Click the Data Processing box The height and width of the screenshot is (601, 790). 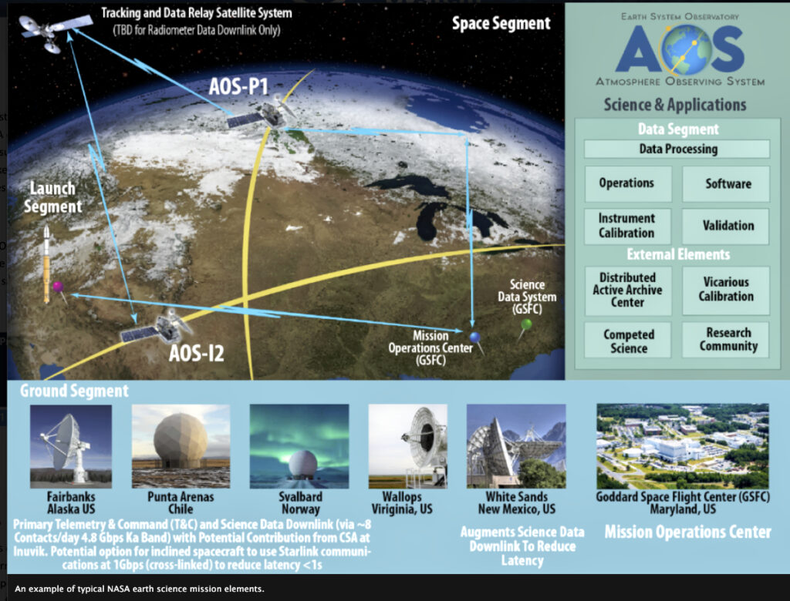coord(677,149)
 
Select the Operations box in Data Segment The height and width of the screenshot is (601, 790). coord(628,183)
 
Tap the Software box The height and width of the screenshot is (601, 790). coord(726,183)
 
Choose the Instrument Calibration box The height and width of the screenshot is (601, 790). coord(628,226)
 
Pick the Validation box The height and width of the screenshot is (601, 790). coord(726,226)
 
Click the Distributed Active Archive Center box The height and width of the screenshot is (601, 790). coord(628,290)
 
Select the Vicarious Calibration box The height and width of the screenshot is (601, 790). coord(726,290)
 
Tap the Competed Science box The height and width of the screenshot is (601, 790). coord(628,341)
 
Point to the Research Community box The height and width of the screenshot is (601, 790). coord(726,341)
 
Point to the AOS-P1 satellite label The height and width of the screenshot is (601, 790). coord(239,86)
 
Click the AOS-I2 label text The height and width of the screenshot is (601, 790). coord(197,353)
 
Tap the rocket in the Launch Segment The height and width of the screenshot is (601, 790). coord(47,264)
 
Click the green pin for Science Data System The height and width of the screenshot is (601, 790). coord(526,324)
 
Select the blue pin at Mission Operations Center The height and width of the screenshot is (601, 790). coord(474,337)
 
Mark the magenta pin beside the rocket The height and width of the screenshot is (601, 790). coord(58,287)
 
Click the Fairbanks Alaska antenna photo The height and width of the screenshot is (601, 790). coord(71,446)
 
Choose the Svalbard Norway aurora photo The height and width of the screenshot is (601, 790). coord(299,446)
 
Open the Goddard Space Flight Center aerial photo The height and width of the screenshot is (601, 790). coord(683,446)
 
